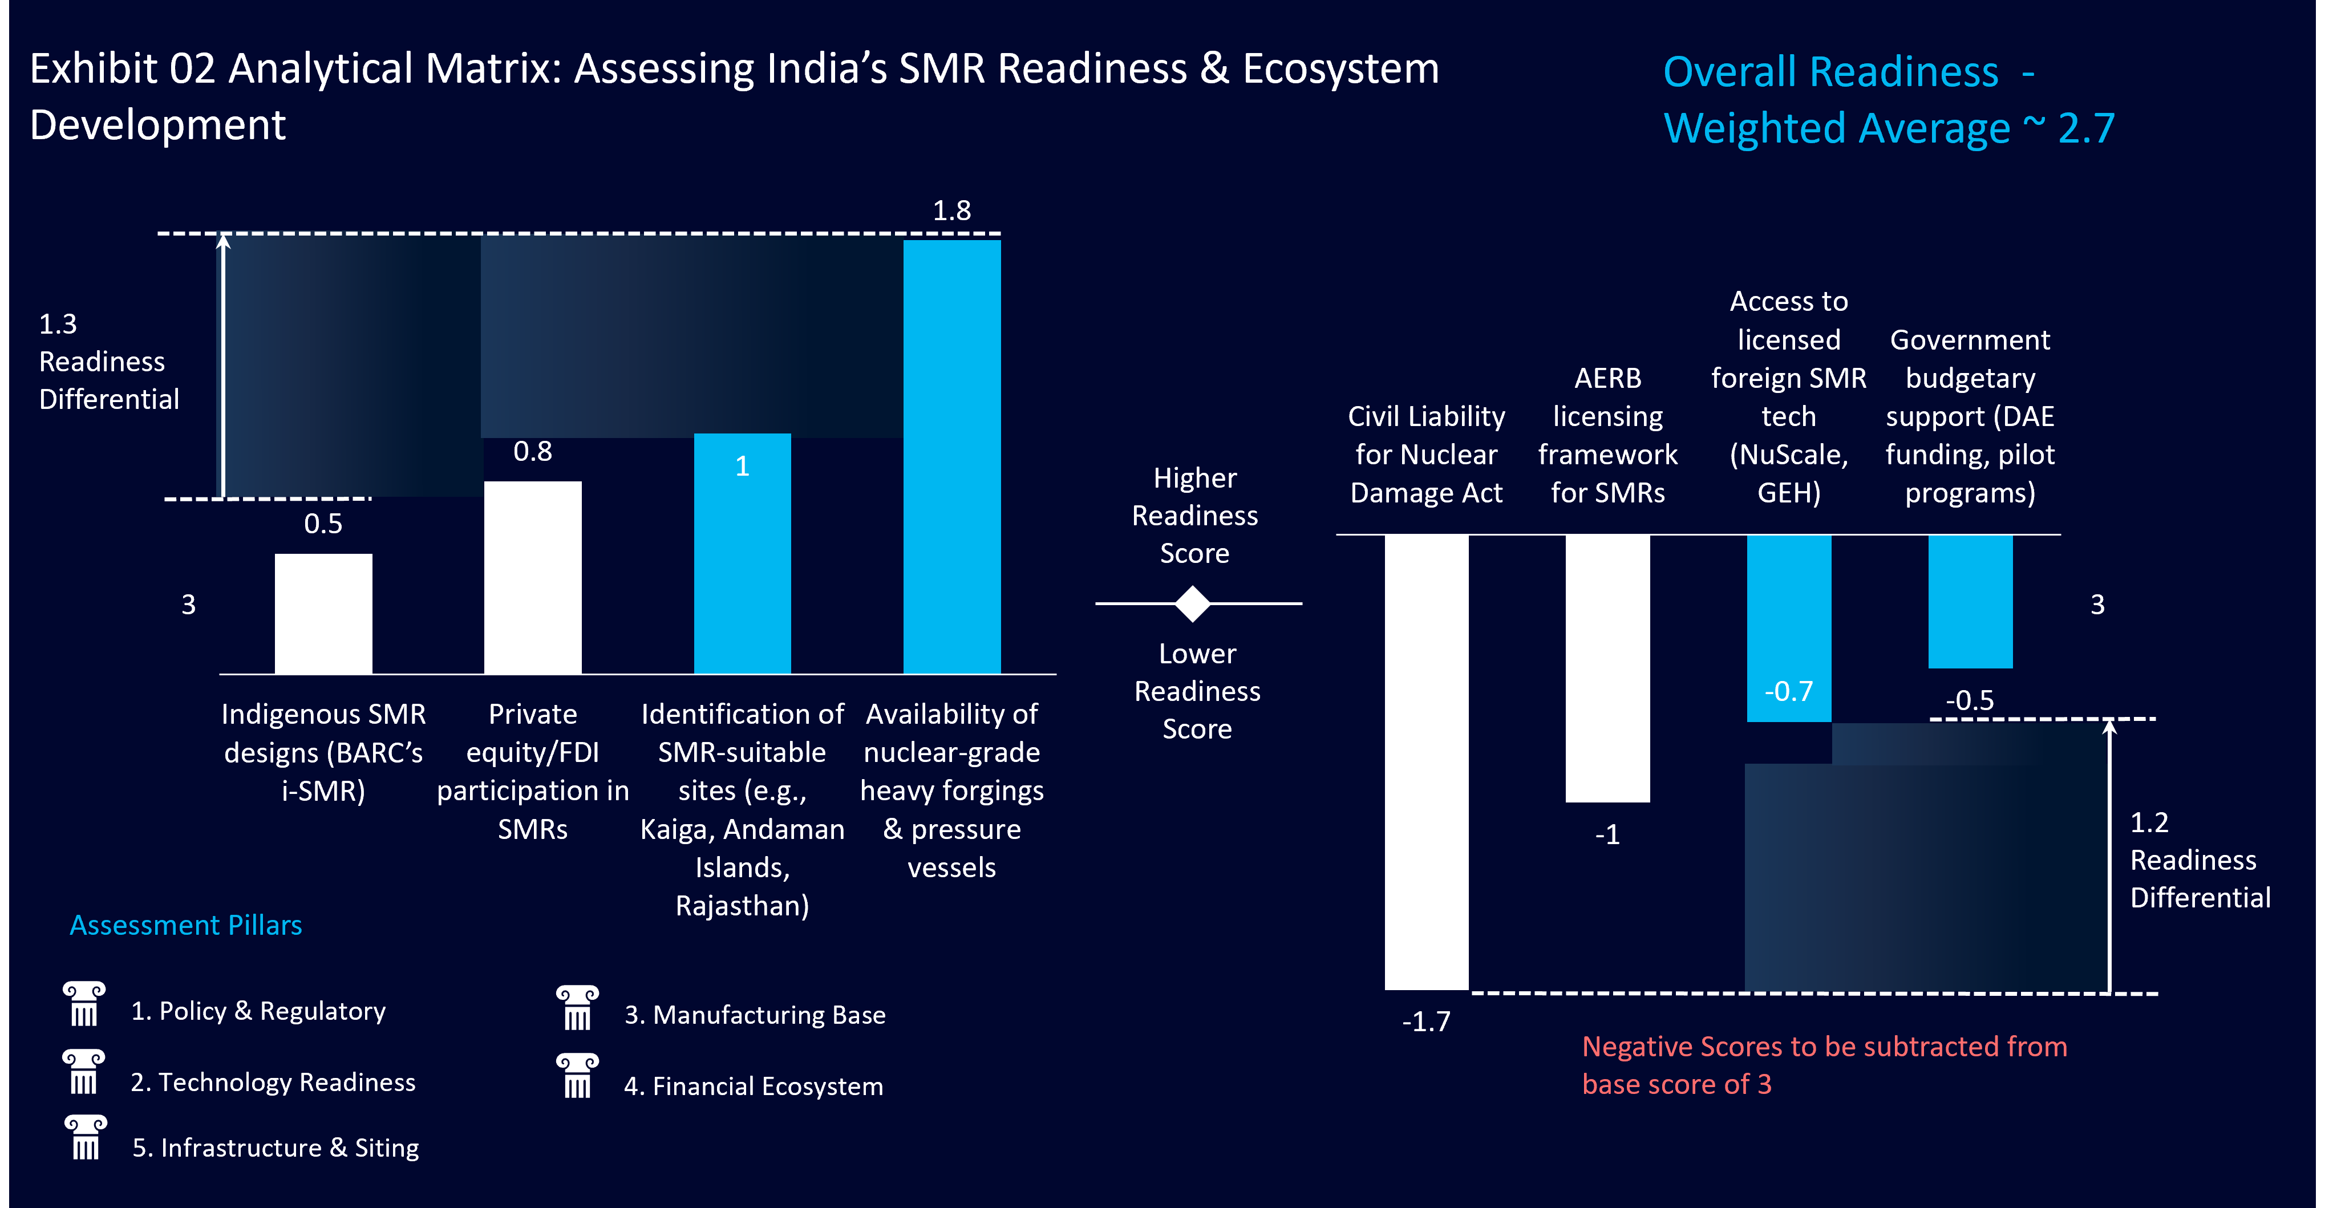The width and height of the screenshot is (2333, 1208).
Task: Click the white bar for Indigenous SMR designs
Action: click(x=323, y=613)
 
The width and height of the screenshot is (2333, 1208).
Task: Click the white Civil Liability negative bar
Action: click(x=1427, y=761)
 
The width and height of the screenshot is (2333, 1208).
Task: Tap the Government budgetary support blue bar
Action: click(x=1970, y=601)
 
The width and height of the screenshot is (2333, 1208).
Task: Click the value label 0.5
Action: click(x=323, y=524)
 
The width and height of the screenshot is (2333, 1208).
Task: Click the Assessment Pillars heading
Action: click(x=185, y=925)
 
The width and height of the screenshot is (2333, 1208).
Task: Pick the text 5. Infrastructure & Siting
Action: click(x=276, y=1148)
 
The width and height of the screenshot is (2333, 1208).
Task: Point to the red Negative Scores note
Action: click(x=1824, y=1065)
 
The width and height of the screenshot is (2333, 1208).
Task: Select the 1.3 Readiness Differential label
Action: click(x=109, y=361)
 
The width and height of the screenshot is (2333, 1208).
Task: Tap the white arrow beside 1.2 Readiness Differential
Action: click(x=2109, y=856)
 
